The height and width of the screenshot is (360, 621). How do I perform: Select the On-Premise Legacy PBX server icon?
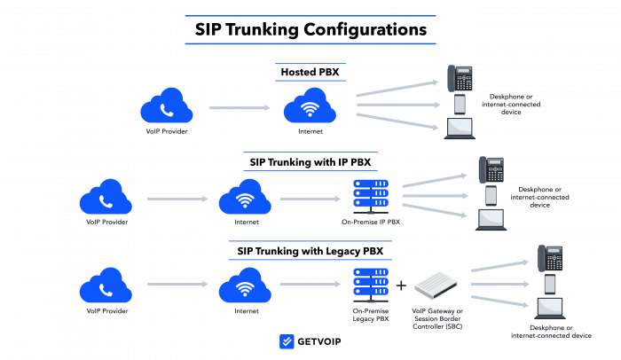click(371, 285)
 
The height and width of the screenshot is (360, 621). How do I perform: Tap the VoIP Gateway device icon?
click(438, 286)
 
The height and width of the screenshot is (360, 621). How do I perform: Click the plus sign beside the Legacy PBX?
click(401, 286)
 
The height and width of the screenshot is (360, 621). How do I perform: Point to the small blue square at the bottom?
click(287, 341)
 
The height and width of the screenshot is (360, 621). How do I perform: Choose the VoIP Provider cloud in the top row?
click(167, 107)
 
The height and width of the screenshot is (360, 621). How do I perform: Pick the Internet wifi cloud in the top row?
click(310, 107)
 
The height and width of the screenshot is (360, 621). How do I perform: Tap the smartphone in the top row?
click(460, 104)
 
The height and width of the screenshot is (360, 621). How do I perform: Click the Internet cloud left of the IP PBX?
click(245, 198)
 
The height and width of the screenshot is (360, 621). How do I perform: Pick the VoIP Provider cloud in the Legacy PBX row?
click(106, 286)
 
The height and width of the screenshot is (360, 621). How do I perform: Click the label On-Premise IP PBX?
click(371, 222)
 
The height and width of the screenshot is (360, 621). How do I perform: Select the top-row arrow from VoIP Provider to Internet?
click(240, 108)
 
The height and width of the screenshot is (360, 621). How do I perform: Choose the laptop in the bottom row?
click(550, 309)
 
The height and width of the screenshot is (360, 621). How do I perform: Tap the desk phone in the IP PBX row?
click(491, 169)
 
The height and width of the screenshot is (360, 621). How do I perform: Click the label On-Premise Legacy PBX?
click(371, 315)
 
